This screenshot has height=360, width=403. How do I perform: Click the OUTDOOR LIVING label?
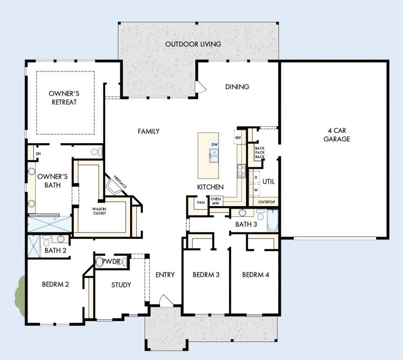tap(193, 44)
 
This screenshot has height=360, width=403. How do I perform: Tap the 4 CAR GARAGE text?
tap(337, 135)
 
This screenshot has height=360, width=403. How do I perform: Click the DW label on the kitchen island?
tap(214, 144)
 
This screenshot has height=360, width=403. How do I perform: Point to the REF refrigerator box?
tap(238, 138)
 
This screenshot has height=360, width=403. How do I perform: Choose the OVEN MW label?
tap(216, 201)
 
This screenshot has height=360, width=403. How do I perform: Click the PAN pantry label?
tap(200, 203)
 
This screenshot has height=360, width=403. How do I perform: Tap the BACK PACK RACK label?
tap(259, 153)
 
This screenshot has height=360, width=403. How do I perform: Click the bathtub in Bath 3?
tap(273, 221)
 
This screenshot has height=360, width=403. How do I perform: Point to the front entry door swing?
tap(164, 300)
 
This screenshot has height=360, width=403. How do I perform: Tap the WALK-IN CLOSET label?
tap(99, 211)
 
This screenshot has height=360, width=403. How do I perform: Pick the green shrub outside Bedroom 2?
tap(20, 296)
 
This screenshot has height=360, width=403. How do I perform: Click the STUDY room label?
tap(121, 284)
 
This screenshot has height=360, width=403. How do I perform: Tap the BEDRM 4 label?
tap(256, 275)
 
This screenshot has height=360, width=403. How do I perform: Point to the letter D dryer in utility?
tap(256, 178)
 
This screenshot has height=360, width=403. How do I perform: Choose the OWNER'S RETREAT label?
tap(62, 98)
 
